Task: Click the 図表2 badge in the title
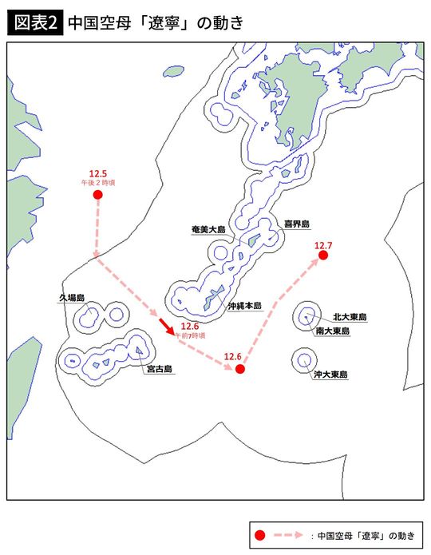tap(33, 22)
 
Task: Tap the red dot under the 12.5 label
tap(98, 195)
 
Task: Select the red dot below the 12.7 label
tap(323, 256)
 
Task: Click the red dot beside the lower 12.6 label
tap(239, 369)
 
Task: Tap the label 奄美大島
tap(208, 229)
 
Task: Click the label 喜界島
tap(297, 224)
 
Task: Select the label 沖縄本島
tap(244, 305)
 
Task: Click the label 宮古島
tap(159, 369)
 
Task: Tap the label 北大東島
tap(350, 317)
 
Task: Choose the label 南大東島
tap(330, 331)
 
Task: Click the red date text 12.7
tap(323, 244)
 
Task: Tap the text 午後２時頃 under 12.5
tap(98, 183)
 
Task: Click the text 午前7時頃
tap(190, 336)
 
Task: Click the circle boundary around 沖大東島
tap(292, 361)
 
